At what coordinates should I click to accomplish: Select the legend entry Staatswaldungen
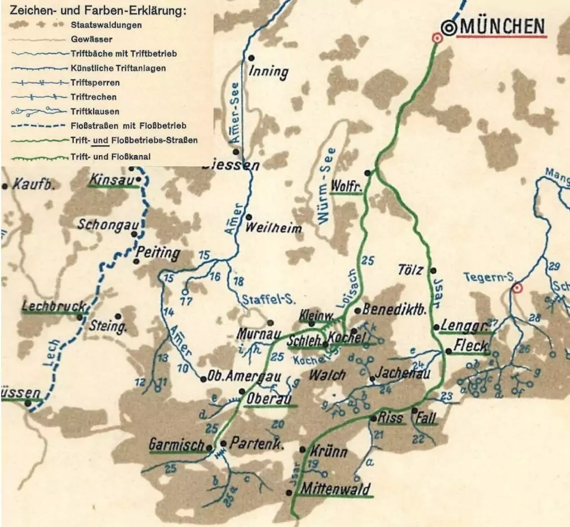tap(106, 25)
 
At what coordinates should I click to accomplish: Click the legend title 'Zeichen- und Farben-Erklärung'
tap(94, 11)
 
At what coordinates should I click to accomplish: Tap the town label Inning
tap(268, 72)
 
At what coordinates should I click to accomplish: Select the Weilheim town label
tap(273, 228)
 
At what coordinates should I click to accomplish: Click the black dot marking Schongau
tap(134, 234)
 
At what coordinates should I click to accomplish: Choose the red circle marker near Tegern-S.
tap(517, 288)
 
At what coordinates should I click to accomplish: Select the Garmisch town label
tap(176, 445)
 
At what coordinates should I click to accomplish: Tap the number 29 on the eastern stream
tap(553, 265)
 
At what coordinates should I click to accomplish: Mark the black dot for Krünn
tap(302, 449)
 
